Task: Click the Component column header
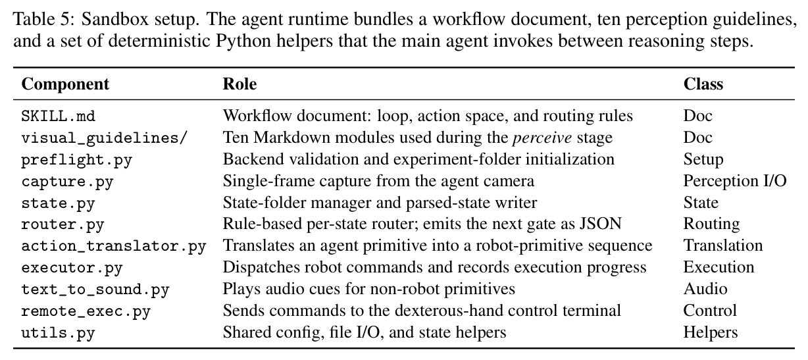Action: tap(65, 84)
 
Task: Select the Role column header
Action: tap(240, 84)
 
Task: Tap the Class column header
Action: tap(703, 84)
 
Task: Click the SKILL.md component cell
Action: tap(58, 116)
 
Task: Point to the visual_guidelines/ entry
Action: tap(104, 138)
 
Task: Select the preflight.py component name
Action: tap(77, 160)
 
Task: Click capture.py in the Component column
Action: tap(68, 182)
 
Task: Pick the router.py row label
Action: tap(63, 225)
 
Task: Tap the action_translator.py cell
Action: tap(114, 247)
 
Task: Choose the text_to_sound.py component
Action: tap(95, 290)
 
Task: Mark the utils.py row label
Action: tap(58, 333)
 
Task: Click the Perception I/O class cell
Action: tap(735, 181)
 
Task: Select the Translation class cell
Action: tap(723, 245)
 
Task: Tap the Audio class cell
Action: tap(705, 289)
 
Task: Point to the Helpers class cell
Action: tap(710, 332)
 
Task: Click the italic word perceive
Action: tap(542, 138)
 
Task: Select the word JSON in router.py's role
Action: tap(601, 224)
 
